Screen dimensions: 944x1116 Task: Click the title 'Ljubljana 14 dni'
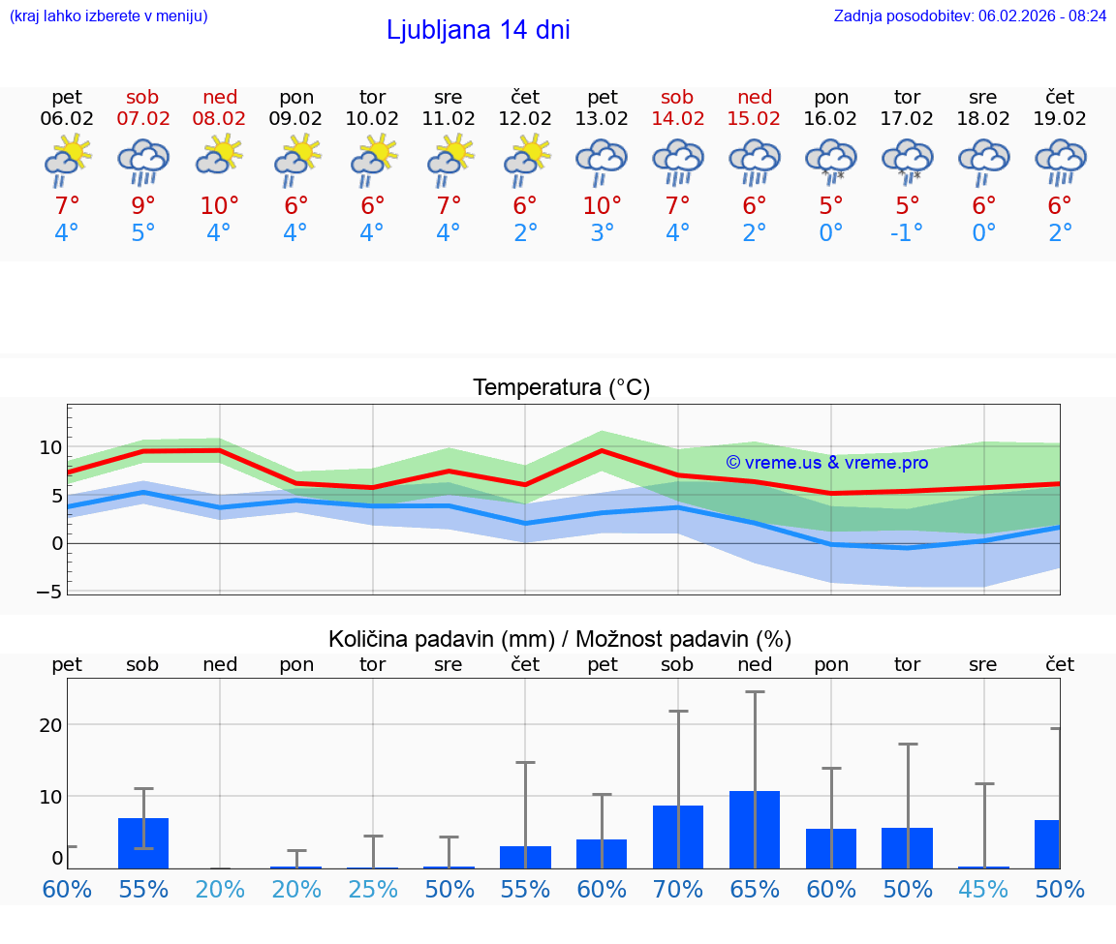click(x=478, y=30)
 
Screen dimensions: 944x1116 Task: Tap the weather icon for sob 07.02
click(x=143, y=162)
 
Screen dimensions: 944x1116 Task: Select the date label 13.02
click(x=602, y=118)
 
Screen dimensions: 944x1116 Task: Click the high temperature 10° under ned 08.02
click(x=220, y=205)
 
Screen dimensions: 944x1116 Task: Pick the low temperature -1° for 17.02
click(x=907, y=233)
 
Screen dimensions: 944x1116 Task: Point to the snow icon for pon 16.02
click(x=831, y=162)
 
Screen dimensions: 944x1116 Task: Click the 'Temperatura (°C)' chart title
click(x=561, y=387)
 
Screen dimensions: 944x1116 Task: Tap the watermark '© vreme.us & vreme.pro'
click(x=826, y=463)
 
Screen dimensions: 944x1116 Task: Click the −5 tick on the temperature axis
click(x=50, y=591)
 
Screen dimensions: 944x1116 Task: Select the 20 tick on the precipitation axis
click(x=50, y=725)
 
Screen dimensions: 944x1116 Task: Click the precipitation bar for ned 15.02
click(x=755, y=830)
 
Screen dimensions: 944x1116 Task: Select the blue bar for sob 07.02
click(x=143, y=843)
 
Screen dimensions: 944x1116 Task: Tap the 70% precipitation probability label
click(x=678, y=889)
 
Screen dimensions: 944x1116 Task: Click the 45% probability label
click(x=983, y=889)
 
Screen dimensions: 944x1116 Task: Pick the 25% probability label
click(x=373, y=889)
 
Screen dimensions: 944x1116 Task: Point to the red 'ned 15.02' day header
click(x=755, y=107)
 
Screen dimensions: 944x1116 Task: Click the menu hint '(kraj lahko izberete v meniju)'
click(x=108, y=15)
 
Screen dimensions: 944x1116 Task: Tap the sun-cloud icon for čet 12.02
click(x=525, y=162)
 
